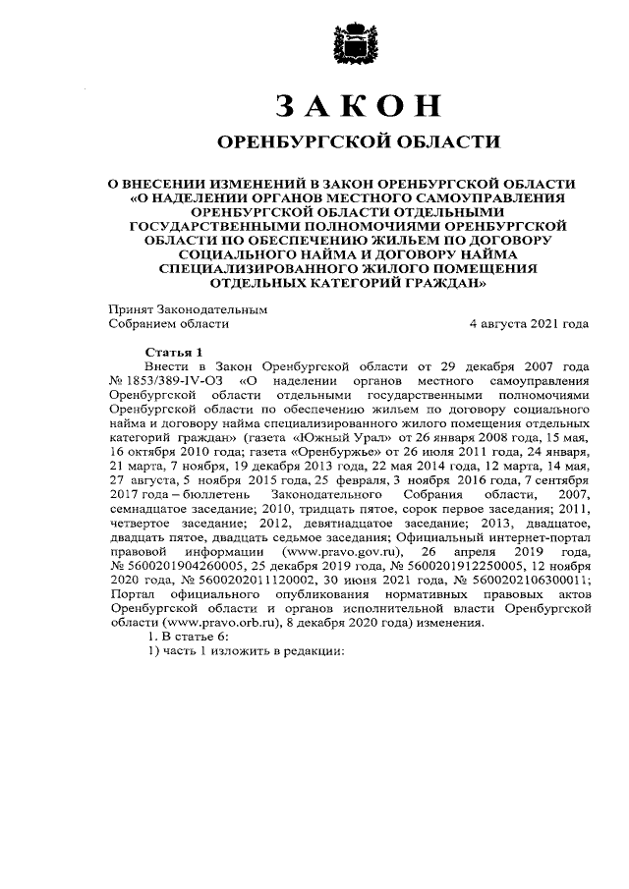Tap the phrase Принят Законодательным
187,308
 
